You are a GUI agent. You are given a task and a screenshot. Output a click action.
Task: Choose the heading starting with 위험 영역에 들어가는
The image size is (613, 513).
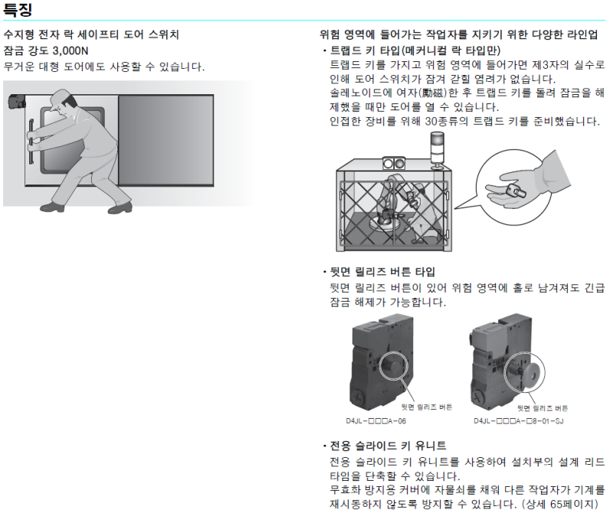460,35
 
